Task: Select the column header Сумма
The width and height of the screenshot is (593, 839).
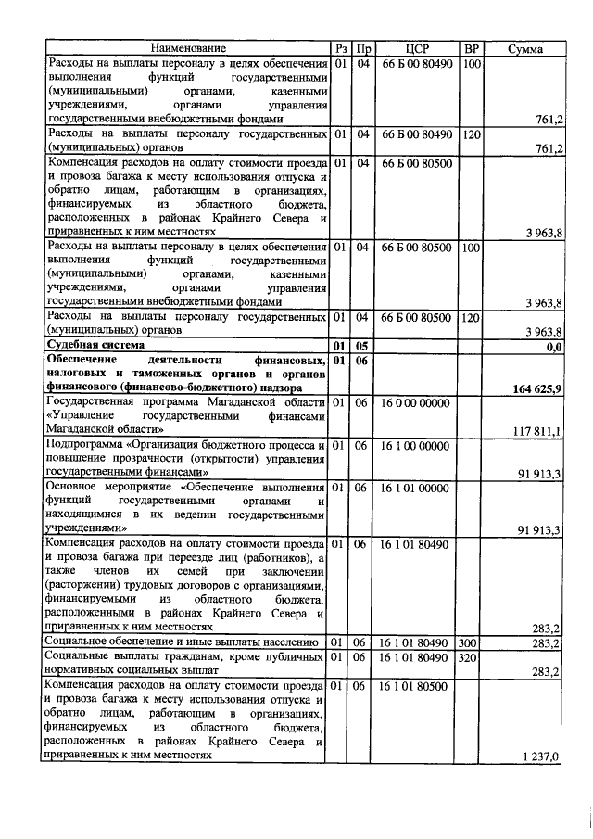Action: pos(524,48)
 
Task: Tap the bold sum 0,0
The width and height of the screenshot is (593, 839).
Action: pos(554,347)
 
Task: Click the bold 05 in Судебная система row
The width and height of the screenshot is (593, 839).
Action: pos(363,346)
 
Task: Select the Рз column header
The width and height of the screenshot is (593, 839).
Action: pos(341,48)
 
